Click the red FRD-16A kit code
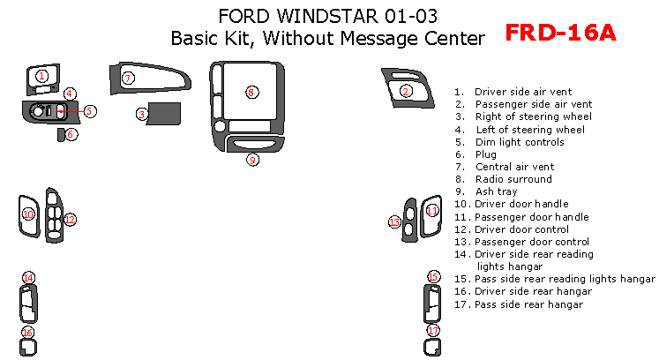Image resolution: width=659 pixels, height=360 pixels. [559, 34]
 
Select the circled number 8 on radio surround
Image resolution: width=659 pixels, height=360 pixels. [251, 92]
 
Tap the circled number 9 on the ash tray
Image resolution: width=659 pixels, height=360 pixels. [252, 160]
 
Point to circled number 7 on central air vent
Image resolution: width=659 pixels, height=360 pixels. [128, 78]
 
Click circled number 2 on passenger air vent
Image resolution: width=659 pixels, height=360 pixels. [406, 91]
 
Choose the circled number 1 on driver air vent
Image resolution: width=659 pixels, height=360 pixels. [41, 77]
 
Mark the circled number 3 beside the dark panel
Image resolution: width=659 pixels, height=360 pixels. [141, 113]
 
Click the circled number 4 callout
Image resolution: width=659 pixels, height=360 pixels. [70, 94]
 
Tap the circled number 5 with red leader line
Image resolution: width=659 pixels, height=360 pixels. [90, 111]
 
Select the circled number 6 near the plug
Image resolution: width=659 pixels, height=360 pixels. [71, 134]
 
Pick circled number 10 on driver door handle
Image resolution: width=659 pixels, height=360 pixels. [27, 214]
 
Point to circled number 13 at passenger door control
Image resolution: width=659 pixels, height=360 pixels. [394, 221]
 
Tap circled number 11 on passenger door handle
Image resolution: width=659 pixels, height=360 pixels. [432, 210]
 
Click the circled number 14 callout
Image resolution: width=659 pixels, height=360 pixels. [28, 278]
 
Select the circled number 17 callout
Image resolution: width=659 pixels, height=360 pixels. [432, 331]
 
